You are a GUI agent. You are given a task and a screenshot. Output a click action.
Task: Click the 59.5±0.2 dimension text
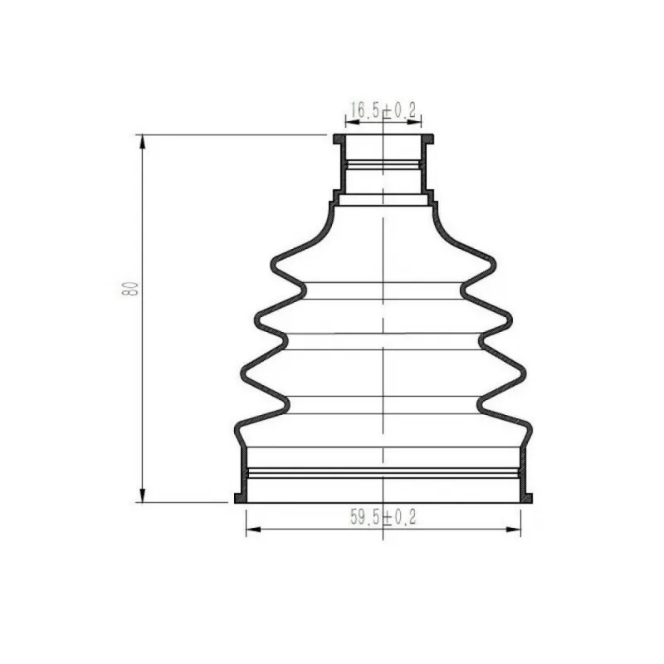[383, 517]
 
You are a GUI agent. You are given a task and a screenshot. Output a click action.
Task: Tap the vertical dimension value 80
[130, 288]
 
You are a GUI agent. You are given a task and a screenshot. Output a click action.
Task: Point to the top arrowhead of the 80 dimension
[143, 142]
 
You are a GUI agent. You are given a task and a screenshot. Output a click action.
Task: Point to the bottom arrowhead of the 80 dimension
[143, 496]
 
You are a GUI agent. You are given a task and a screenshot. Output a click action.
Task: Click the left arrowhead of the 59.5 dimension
[254, 530]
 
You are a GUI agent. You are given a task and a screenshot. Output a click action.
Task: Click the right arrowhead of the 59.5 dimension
[513, 530]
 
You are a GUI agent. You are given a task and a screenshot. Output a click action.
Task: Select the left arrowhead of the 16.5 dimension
[353, 122]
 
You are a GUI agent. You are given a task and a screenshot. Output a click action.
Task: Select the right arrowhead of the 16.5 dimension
[414, 122]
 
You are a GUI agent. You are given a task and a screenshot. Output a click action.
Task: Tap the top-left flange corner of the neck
[334, 135]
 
